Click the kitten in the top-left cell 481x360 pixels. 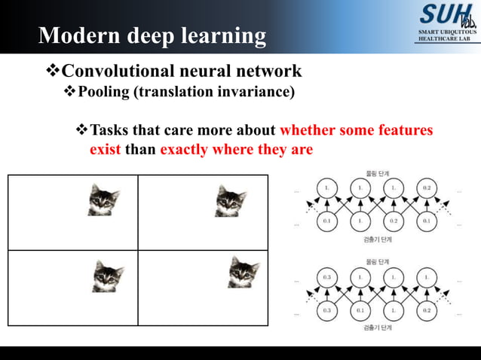click(104, 200)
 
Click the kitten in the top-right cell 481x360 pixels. click(231, 201)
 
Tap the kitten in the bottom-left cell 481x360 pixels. click(108, 276)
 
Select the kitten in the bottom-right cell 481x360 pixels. click(244, 272)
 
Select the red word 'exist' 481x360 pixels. click(106, 149)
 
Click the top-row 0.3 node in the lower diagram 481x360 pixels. click(326, 277)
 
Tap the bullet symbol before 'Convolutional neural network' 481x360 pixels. click(53, 72)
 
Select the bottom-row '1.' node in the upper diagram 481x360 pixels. click(360, 221)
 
